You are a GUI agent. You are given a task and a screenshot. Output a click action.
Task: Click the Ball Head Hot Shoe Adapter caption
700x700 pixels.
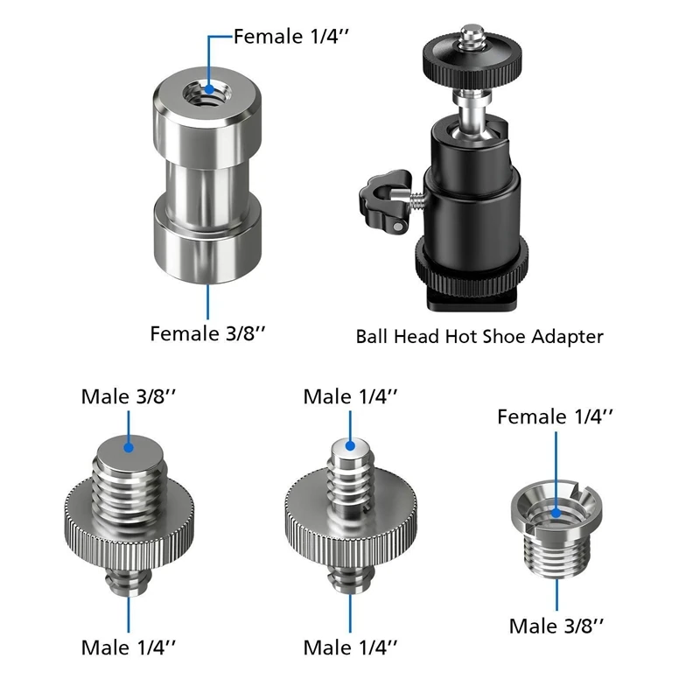(x=479, y=336)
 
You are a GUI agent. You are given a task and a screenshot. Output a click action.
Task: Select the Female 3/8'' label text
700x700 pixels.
(x=207, y=333)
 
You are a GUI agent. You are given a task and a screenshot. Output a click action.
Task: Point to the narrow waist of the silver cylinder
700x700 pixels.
(x=207, y=179)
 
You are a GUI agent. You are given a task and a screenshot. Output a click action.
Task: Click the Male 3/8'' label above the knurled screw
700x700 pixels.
(x=129, y=395)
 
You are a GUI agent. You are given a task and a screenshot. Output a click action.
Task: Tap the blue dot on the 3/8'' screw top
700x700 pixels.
(x=129, y=446)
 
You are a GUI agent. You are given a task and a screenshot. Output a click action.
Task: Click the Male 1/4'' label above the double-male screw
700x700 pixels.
(x=350, y=395)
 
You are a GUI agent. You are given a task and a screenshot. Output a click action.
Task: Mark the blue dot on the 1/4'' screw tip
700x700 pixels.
(x=350, y=444)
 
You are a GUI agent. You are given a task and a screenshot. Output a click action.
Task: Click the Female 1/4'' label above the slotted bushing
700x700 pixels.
(x=556, y=416)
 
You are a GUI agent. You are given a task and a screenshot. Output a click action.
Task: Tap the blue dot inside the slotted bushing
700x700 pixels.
(x=556, y=506)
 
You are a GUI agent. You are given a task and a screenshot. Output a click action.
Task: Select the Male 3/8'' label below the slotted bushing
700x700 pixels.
(x=556, y=626)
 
